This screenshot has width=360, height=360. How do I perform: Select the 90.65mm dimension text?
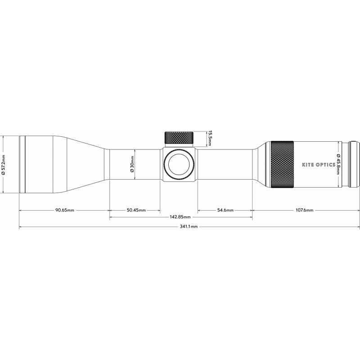click(x=65, y=210)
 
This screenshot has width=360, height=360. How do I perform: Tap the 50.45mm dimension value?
click(x=136, y=210)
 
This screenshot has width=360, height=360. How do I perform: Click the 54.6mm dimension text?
click(x=225, y=210)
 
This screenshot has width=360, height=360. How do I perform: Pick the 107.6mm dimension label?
click(x=304, y=210)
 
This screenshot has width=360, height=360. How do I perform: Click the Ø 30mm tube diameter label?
click(x=132, y=164)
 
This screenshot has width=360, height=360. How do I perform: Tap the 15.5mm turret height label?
click(x=209, y=138)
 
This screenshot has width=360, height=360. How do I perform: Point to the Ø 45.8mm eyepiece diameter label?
click(x=338, y=164)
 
